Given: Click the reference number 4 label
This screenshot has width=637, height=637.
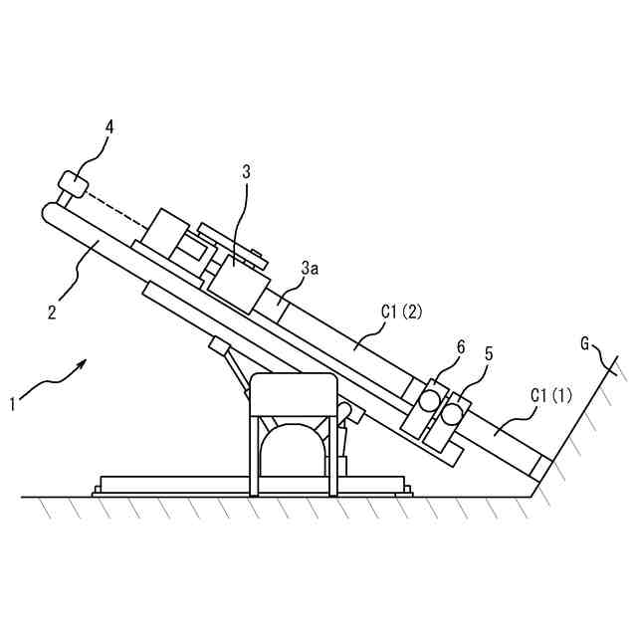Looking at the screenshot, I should pos(109,126).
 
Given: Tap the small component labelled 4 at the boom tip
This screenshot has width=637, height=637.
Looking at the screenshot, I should pos(72,184).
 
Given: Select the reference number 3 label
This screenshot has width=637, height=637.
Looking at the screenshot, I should pos(246,171).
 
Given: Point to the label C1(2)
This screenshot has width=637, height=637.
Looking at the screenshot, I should pos(402,312).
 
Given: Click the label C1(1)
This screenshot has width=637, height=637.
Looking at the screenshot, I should pos(551,395).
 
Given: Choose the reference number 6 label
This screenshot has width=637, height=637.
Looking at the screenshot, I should pos(460,346).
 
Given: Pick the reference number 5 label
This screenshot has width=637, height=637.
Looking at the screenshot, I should pos(488,353).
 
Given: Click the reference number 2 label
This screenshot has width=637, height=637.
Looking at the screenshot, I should pos(52,312).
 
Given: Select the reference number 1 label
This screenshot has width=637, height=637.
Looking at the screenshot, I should pos(12,404).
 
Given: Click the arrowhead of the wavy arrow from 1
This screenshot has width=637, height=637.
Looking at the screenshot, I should pos(84,365).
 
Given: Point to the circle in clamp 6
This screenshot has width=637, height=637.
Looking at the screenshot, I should pos(429,399).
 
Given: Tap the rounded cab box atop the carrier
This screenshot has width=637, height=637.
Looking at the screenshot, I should pos(293,394).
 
